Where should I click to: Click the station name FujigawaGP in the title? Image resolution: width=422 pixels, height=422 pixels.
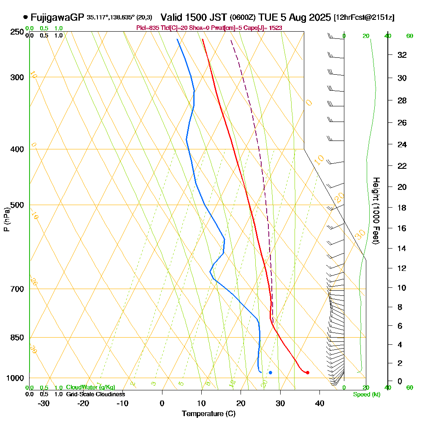[57, 17]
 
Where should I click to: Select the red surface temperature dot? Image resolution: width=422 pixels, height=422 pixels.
[308, 372]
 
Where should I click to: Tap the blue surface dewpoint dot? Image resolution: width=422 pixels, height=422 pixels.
[270, 372]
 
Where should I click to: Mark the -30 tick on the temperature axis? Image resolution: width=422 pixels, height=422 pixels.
[44, 403]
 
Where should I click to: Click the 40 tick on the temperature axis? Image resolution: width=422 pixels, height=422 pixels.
[319, 403]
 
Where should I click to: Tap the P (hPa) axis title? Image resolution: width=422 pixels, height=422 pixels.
[6, 219]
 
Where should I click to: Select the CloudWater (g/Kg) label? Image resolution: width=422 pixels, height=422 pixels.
[90, 387]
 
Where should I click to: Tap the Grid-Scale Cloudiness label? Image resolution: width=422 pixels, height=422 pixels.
[95, 394]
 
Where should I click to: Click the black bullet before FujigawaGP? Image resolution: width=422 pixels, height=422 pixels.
[26, 17]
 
